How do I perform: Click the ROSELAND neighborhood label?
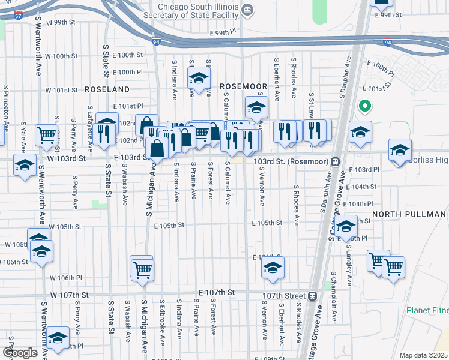point(107,89)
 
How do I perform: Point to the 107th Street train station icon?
point(312,296)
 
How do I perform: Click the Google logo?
point(20,353)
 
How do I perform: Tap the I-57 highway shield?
point(19,17)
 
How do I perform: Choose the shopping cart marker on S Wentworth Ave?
point(46,136)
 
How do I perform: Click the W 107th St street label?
point(70,295)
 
